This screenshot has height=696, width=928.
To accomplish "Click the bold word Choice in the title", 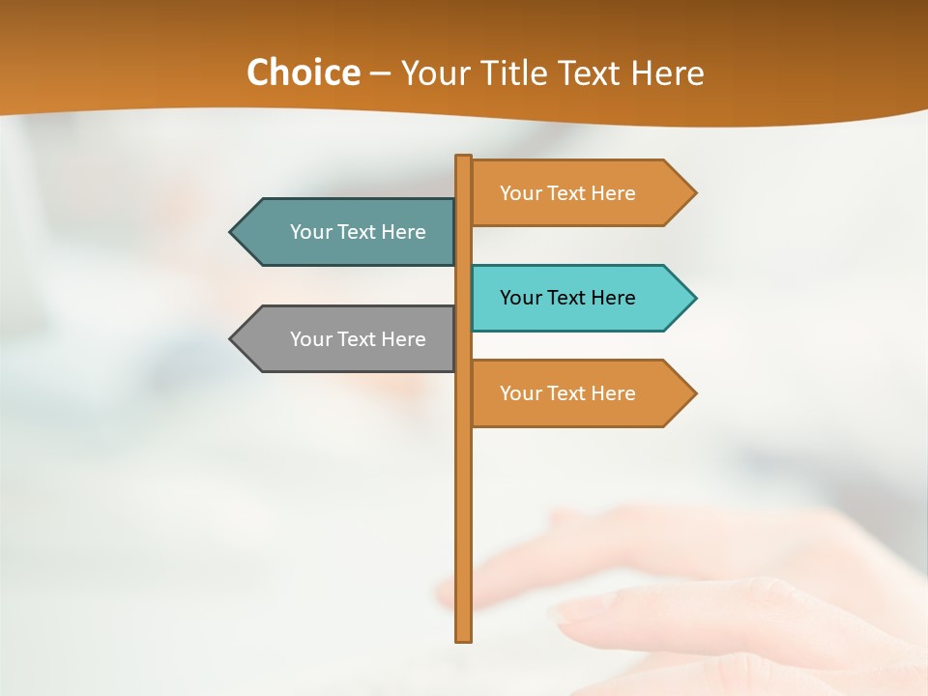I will [304, 73].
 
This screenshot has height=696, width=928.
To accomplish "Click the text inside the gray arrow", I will [358, 339].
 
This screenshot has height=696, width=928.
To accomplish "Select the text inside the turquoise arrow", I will [567, 298].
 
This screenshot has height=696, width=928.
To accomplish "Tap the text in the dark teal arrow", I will [358, 232].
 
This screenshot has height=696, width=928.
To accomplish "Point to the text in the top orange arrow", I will [567, 193].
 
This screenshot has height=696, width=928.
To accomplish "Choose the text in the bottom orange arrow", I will [567, 393].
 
